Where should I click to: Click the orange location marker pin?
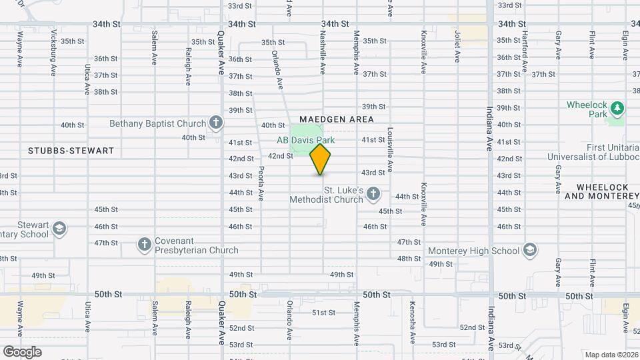coord(321,159)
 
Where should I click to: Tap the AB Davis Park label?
coord(306,140)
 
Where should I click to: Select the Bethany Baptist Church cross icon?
coord(215,123)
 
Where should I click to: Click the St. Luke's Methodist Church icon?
coord(373,194)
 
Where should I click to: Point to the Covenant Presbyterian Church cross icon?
coord(144,245)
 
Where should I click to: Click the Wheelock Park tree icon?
coord(617,107)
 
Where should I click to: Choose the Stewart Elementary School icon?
coord(59,229)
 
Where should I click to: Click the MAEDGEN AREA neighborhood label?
coord(337,119)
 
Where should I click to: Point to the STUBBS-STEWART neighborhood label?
coord(71,151)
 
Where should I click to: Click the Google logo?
coord(22,351)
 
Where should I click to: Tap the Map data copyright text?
coord(611,355)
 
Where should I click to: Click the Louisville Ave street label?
coord(390,147)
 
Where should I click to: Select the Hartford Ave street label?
coord(525,51)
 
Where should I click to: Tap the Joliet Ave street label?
coord(457,45)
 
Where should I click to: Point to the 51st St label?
coord(323,313)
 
